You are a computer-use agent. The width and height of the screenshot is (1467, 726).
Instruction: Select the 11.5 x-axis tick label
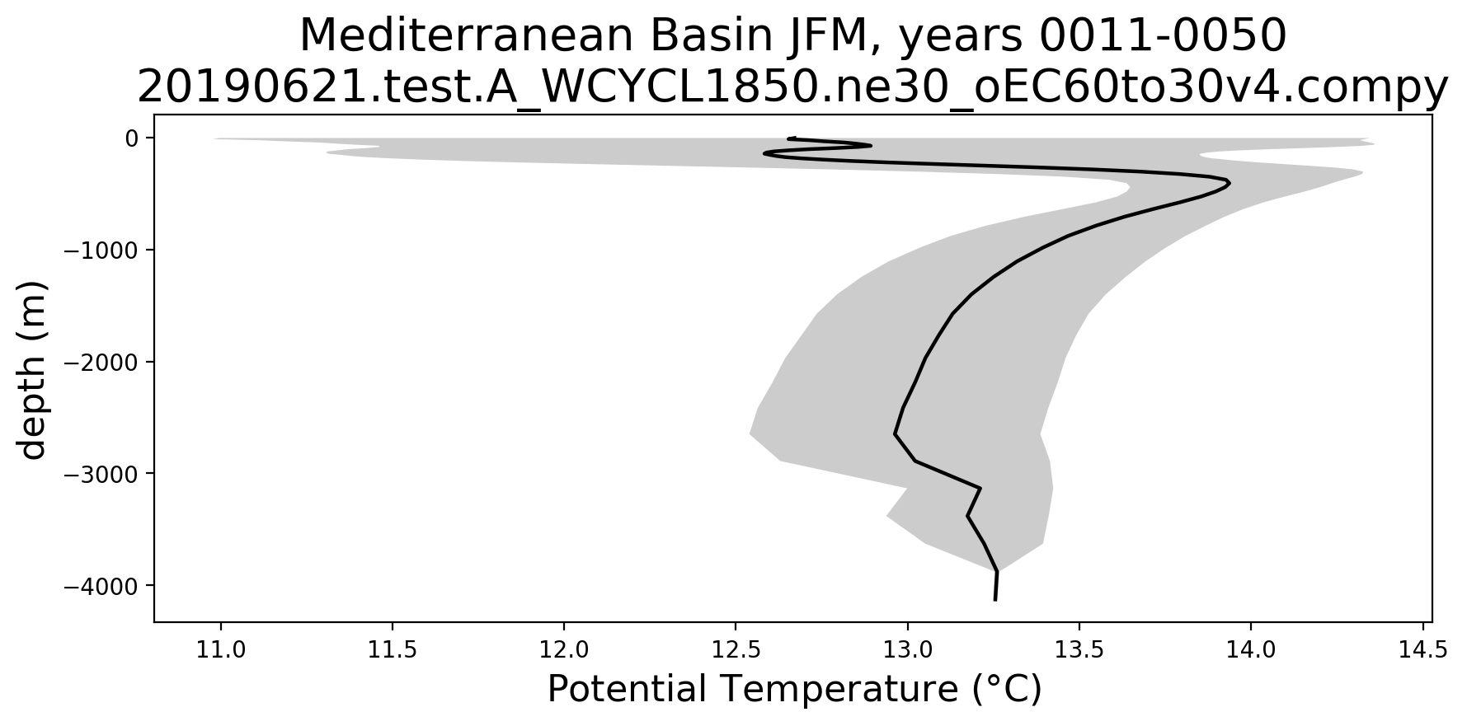[x=392, y=650]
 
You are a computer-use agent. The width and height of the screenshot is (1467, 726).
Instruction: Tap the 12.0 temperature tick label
[x=564, y=650]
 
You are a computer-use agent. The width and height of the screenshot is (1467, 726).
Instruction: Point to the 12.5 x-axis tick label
[x=736, y=650]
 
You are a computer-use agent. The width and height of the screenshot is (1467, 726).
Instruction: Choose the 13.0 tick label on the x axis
[x=907, y=650]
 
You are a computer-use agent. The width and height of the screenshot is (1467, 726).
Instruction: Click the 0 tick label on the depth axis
[x=131, y=138]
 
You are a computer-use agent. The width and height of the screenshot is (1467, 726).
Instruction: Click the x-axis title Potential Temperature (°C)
[x=794, y=689]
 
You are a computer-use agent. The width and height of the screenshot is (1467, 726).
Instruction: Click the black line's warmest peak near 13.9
[x=1230, y=183]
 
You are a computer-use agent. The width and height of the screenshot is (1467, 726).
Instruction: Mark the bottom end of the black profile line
[x=995, y=600]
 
